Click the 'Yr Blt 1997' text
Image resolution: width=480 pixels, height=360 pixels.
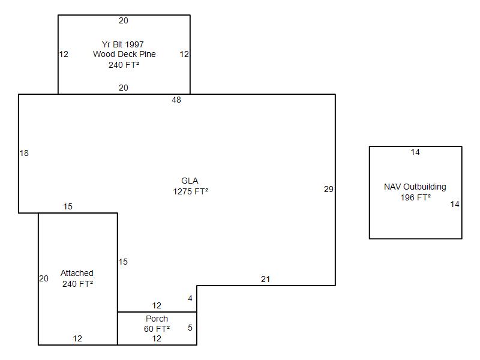tap(123, 44)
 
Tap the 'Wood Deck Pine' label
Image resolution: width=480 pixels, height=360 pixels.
tap(124, 54)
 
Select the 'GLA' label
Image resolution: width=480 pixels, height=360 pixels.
tap(190, 181)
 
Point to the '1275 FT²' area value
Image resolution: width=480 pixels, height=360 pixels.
tap(190, 192)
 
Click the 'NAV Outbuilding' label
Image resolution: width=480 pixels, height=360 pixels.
tap(415, 187)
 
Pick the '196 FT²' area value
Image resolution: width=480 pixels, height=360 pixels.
tap(416, 197)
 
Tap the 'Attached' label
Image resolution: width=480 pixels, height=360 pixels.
tap(77, 273)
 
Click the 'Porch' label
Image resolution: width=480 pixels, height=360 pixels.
tap(157, 319)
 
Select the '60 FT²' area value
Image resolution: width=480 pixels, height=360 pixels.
tap(157, 329)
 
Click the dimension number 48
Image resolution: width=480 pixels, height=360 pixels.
tap(176, 100)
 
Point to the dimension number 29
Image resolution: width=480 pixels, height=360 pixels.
tap(328, 189)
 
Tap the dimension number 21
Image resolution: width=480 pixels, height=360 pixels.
tap(265, 279)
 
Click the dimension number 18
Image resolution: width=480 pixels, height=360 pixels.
tap(24, 153)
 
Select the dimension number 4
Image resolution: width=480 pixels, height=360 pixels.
tap(190, 298)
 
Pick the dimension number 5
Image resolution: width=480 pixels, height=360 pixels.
tap(190, 328)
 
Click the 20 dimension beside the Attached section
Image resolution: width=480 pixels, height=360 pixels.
tap(44, 278)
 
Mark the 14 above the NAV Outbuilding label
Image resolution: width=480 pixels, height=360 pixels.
tap(415, 152)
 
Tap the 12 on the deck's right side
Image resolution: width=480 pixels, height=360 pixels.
tap(184, 54)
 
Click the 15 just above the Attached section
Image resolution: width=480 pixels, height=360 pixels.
tap(68, 206)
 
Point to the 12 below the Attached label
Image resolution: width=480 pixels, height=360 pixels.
tap(77, 338)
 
